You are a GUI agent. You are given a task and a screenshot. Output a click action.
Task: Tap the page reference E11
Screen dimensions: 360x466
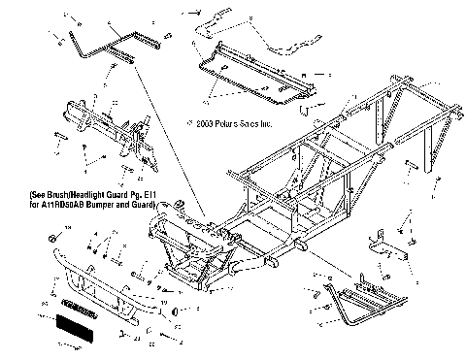(x=144, y=194)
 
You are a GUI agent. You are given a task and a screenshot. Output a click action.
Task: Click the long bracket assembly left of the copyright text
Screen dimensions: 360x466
(x=116, y=127)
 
